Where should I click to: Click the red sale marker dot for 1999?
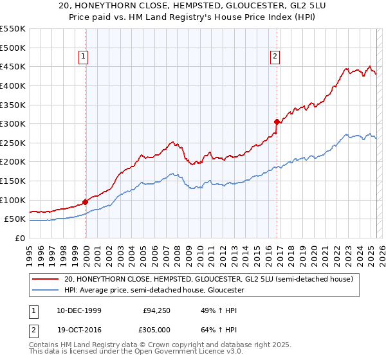click(86, 202)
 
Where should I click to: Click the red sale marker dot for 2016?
click(277, 122)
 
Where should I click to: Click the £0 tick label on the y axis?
click(19, 238)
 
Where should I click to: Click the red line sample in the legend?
click(45, 280)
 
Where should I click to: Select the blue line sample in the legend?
click(45, 291)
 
